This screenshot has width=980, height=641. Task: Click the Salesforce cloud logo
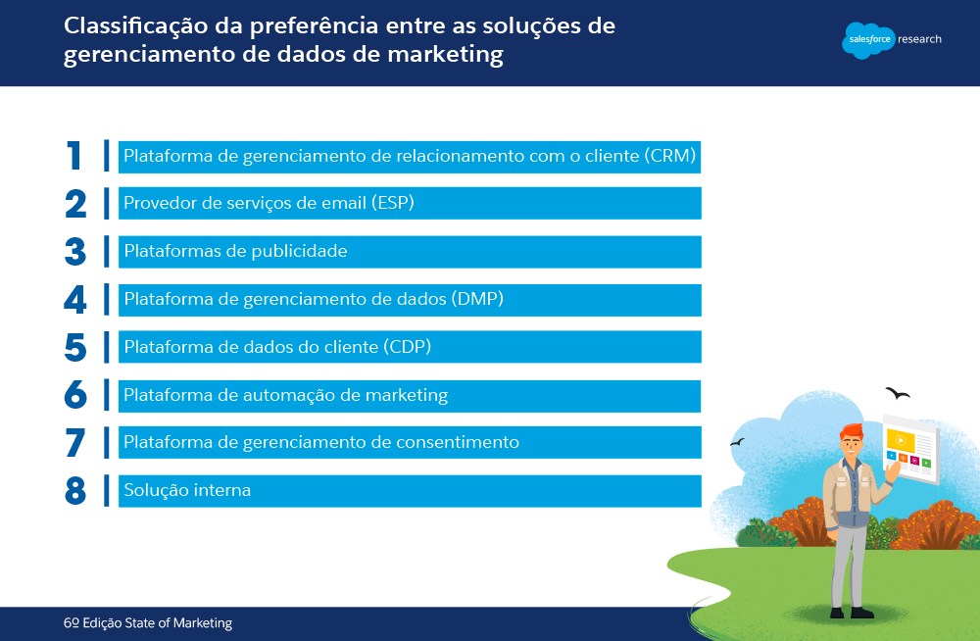pyautogui.click(x=868, y=40)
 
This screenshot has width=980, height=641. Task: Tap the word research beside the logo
pyautogui.click(x=919, y=39)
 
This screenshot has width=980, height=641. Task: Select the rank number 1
pyautogui.click(x=73, y=155)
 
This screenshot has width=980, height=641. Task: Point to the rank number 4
pyautogui.click(x=75, y=300)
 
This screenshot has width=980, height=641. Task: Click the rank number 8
pyautogui.click(x=75, y=491)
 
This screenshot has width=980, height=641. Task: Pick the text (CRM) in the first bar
pyautogui.click(x=670, y=155)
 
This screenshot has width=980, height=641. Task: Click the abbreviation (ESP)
pyautogui.click(x=393, y=203)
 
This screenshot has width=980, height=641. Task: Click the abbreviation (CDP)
pyautogui.click(x=408, y=346)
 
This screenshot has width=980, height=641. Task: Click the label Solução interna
pyautogui.click(x=187, y=490)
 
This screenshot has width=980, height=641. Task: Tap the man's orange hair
pyautogui.click(x=852, y=431)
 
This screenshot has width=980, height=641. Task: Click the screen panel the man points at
pyautogui.click(x=910, y=448)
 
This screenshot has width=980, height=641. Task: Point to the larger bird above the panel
pyautogui.click(x=898, y=393)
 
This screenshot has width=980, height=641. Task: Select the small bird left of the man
pyautogui.click(x=738, y=442)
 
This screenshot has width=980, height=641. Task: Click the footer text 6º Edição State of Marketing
pyautogui.click(x=148, y=622)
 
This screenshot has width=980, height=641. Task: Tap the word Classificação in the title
pyautogui.click(x=135, y=26)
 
